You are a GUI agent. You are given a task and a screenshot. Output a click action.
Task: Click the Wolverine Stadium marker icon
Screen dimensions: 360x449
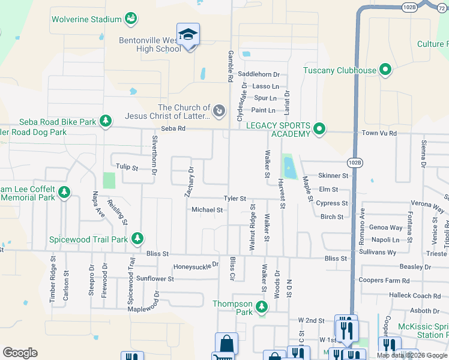coord(130,19)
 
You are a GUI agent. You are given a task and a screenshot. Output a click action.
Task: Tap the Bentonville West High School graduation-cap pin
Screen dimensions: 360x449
coord(188,35)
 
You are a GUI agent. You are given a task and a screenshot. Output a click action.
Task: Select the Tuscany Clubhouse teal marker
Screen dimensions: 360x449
coord(385,70)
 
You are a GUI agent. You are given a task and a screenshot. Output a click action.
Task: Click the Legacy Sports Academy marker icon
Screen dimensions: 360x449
coord(319,128)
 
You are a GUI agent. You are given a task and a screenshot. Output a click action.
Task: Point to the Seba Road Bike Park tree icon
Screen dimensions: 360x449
coord(106,122)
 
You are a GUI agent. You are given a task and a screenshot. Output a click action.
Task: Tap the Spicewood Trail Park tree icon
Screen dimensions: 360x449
coord(137,239)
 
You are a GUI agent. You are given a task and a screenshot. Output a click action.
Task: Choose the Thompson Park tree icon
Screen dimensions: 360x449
coord(261,308)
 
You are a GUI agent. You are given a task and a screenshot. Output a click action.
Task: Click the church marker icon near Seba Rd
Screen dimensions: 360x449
coord(219,111)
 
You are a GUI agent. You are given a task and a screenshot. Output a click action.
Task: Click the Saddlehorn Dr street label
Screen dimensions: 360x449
coord(259,74)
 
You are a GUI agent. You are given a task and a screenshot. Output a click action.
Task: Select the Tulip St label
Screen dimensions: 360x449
coord(127,167)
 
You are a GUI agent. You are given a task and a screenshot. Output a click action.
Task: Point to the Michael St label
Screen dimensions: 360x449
coord(207,210)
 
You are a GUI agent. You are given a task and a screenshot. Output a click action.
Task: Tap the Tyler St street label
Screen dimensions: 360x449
coord(235,198)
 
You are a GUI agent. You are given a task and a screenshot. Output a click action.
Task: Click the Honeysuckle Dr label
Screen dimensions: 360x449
coord(196,266)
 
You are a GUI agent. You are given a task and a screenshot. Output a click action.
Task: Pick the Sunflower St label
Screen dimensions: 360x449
coord(155,278)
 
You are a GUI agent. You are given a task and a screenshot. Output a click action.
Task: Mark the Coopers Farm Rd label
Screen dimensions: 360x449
coord(383,280)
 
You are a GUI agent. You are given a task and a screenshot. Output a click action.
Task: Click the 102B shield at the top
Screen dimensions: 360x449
coord(409,7)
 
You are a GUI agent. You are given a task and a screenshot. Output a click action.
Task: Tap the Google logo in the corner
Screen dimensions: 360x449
coord(20,353)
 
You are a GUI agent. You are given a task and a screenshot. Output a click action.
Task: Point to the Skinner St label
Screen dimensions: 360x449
coord(333,176)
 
